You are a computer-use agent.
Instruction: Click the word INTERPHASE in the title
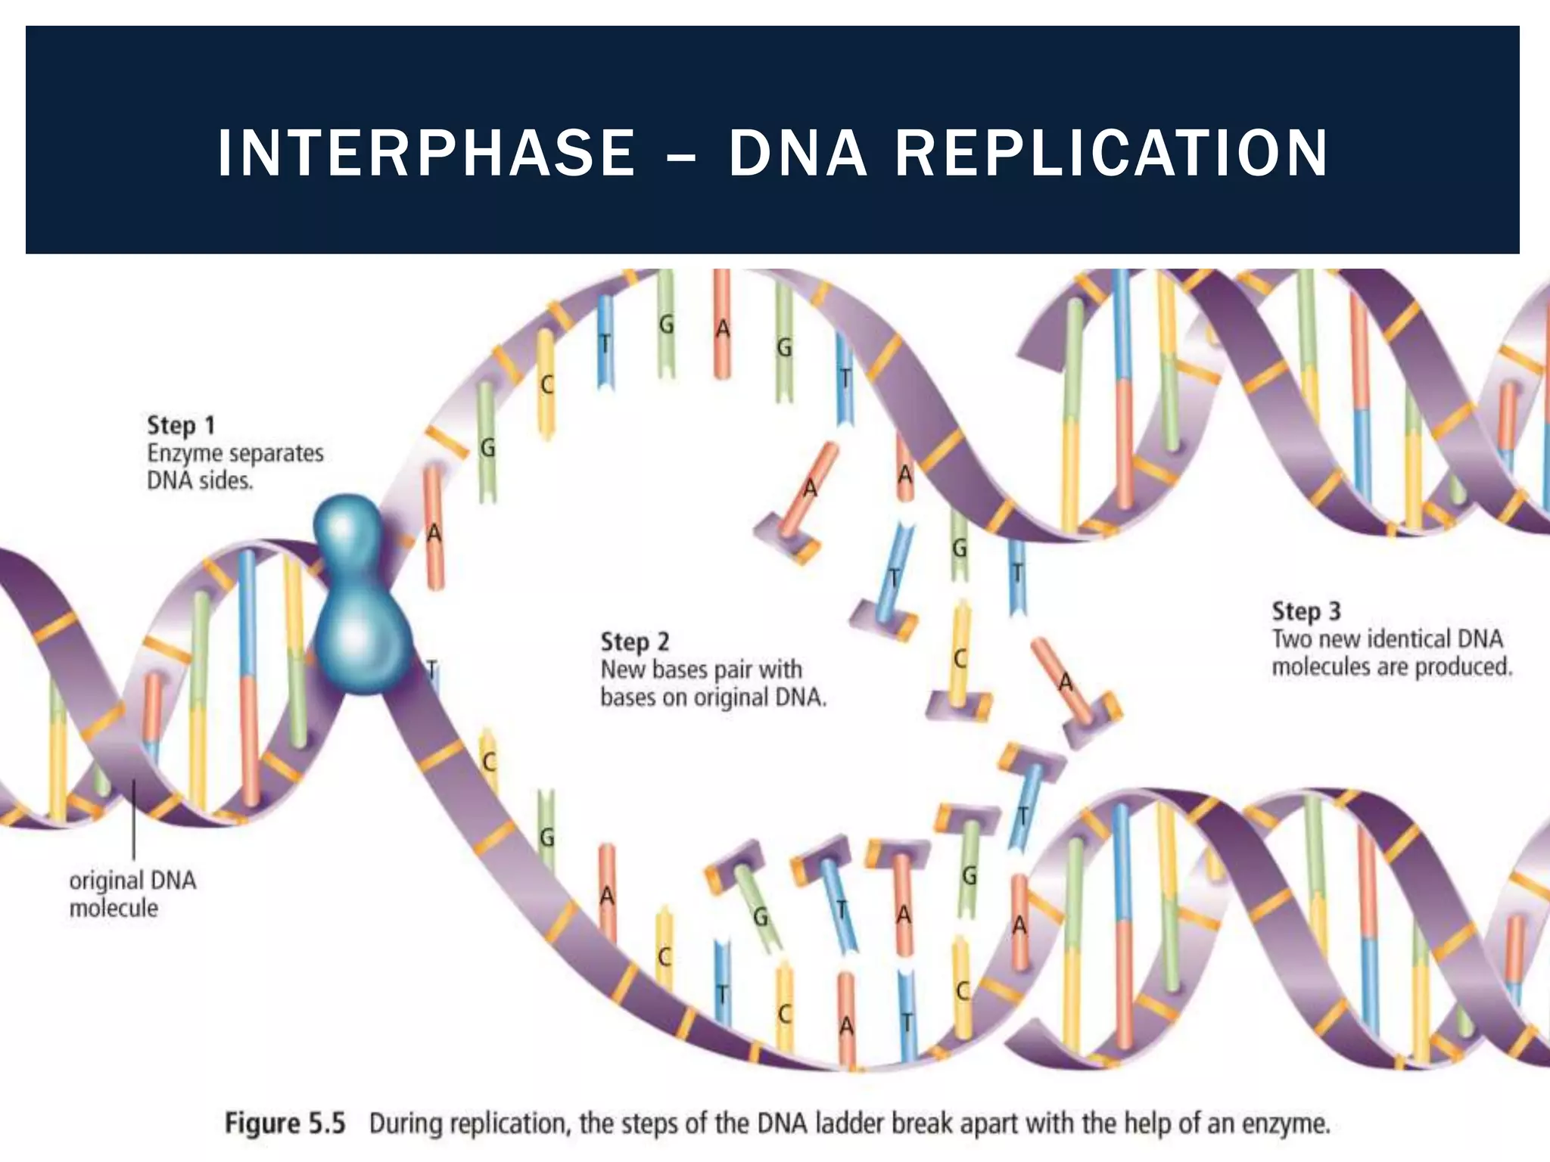426,154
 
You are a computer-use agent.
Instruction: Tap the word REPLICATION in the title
1111,154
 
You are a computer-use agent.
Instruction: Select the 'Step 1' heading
181,425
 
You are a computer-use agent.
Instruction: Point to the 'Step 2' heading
634,642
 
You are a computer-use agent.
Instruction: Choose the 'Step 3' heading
1306,611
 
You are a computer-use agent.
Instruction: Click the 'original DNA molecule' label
132,894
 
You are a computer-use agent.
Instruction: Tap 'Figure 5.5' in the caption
285,1123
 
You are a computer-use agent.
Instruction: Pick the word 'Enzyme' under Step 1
185,454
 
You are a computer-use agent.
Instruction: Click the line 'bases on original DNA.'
713,698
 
